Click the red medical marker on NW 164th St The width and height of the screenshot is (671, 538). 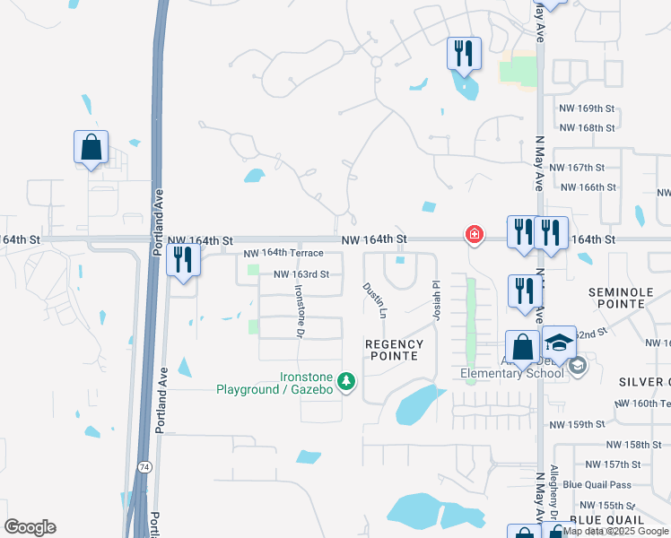click(473, 235)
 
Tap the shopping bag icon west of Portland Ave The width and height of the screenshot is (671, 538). click(91, 148)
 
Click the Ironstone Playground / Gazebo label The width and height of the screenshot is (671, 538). click(274, 383)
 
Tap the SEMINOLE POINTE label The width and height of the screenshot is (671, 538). click(630, 299)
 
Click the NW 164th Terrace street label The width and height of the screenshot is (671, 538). click(283, 254)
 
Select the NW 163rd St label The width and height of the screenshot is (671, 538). click(307, 274)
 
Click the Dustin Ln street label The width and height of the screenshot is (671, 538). click(374, 300)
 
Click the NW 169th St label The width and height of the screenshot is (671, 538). click(584, 108)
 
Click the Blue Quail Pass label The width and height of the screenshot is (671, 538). click(597, 485)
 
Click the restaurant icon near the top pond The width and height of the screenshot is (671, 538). click(464, 54)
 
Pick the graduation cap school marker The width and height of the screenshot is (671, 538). click(559, 343)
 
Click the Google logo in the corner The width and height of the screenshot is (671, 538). click(30, 527)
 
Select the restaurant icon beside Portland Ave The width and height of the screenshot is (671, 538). click(183, 260)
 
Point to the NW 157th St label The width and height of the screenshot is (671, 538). click(614, 464)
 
